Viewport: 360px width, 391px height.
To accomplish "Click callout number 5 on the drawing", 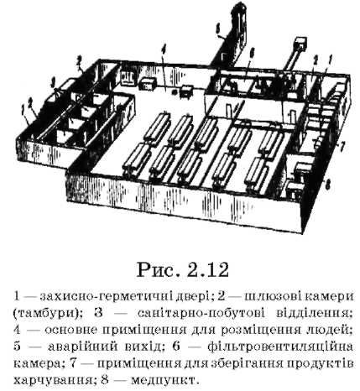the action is coord(218,28).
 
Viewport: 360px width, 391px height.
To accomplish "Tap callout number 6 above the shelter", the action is coord(252,52).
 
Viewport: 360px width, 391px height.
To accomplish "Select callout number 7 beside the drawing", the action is coord(342,146).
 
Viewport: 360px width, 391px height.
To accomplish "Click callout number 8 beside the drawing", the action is coord(329,184).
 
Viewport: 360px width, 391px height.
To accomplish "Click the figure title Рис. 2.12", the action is coord(182,270).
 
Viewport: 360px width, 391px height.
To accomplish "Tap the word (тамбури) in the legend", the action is coord(47,313).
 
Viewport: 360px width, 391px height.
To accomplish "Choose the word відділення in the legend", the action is coord(313,313).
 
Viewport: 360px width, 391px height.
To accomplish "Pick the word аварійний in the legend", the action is coord(82,347).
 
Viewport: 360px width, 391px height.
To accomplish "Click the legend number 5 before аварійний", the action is coord(18,347).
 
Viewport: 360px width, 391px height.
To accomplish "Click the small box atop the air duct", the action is coord(300,44).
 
